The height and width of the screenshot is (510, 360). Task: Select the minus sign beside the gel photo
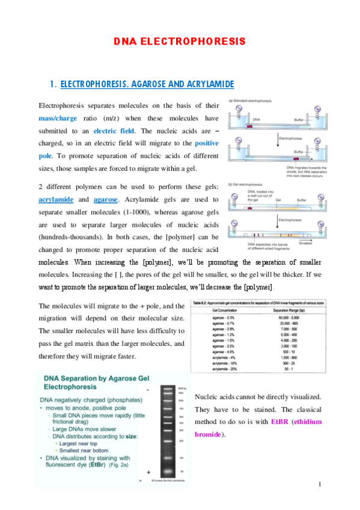pos(148,390)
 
